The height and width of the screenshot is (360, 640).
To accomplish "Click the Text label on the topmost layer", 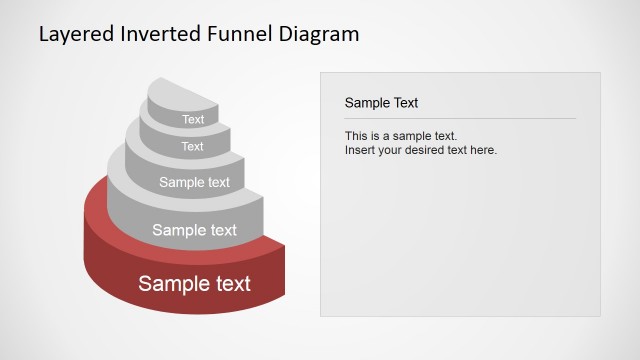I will (193, 120).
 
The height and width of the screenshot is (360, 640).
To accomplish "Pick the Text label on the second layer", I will (192, 147).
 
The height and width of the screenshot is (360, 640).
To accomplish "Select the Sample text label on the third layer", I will (194, 182).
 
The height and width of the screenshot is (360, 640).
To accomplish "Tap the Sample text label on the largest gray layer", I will (194, 230).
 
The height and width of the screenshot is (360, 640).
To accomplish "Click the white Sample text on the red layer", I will (194, 283).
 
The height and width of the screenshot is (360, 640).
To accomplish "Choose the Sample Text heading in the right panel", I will (381, 102).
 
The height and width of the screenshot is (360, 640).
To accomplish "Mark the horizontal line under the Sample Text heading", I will (460, 119).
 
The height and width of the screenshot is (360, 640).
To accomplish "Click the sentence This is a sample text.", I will (400, 136).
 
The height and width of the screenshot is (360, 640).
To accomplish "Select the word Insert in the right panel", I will (360, 150).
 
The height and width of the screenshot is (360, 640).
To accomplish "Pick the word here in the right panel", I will (483, 150).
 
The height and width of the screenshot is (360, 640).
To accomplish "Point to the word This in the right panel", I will (356, 136).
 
